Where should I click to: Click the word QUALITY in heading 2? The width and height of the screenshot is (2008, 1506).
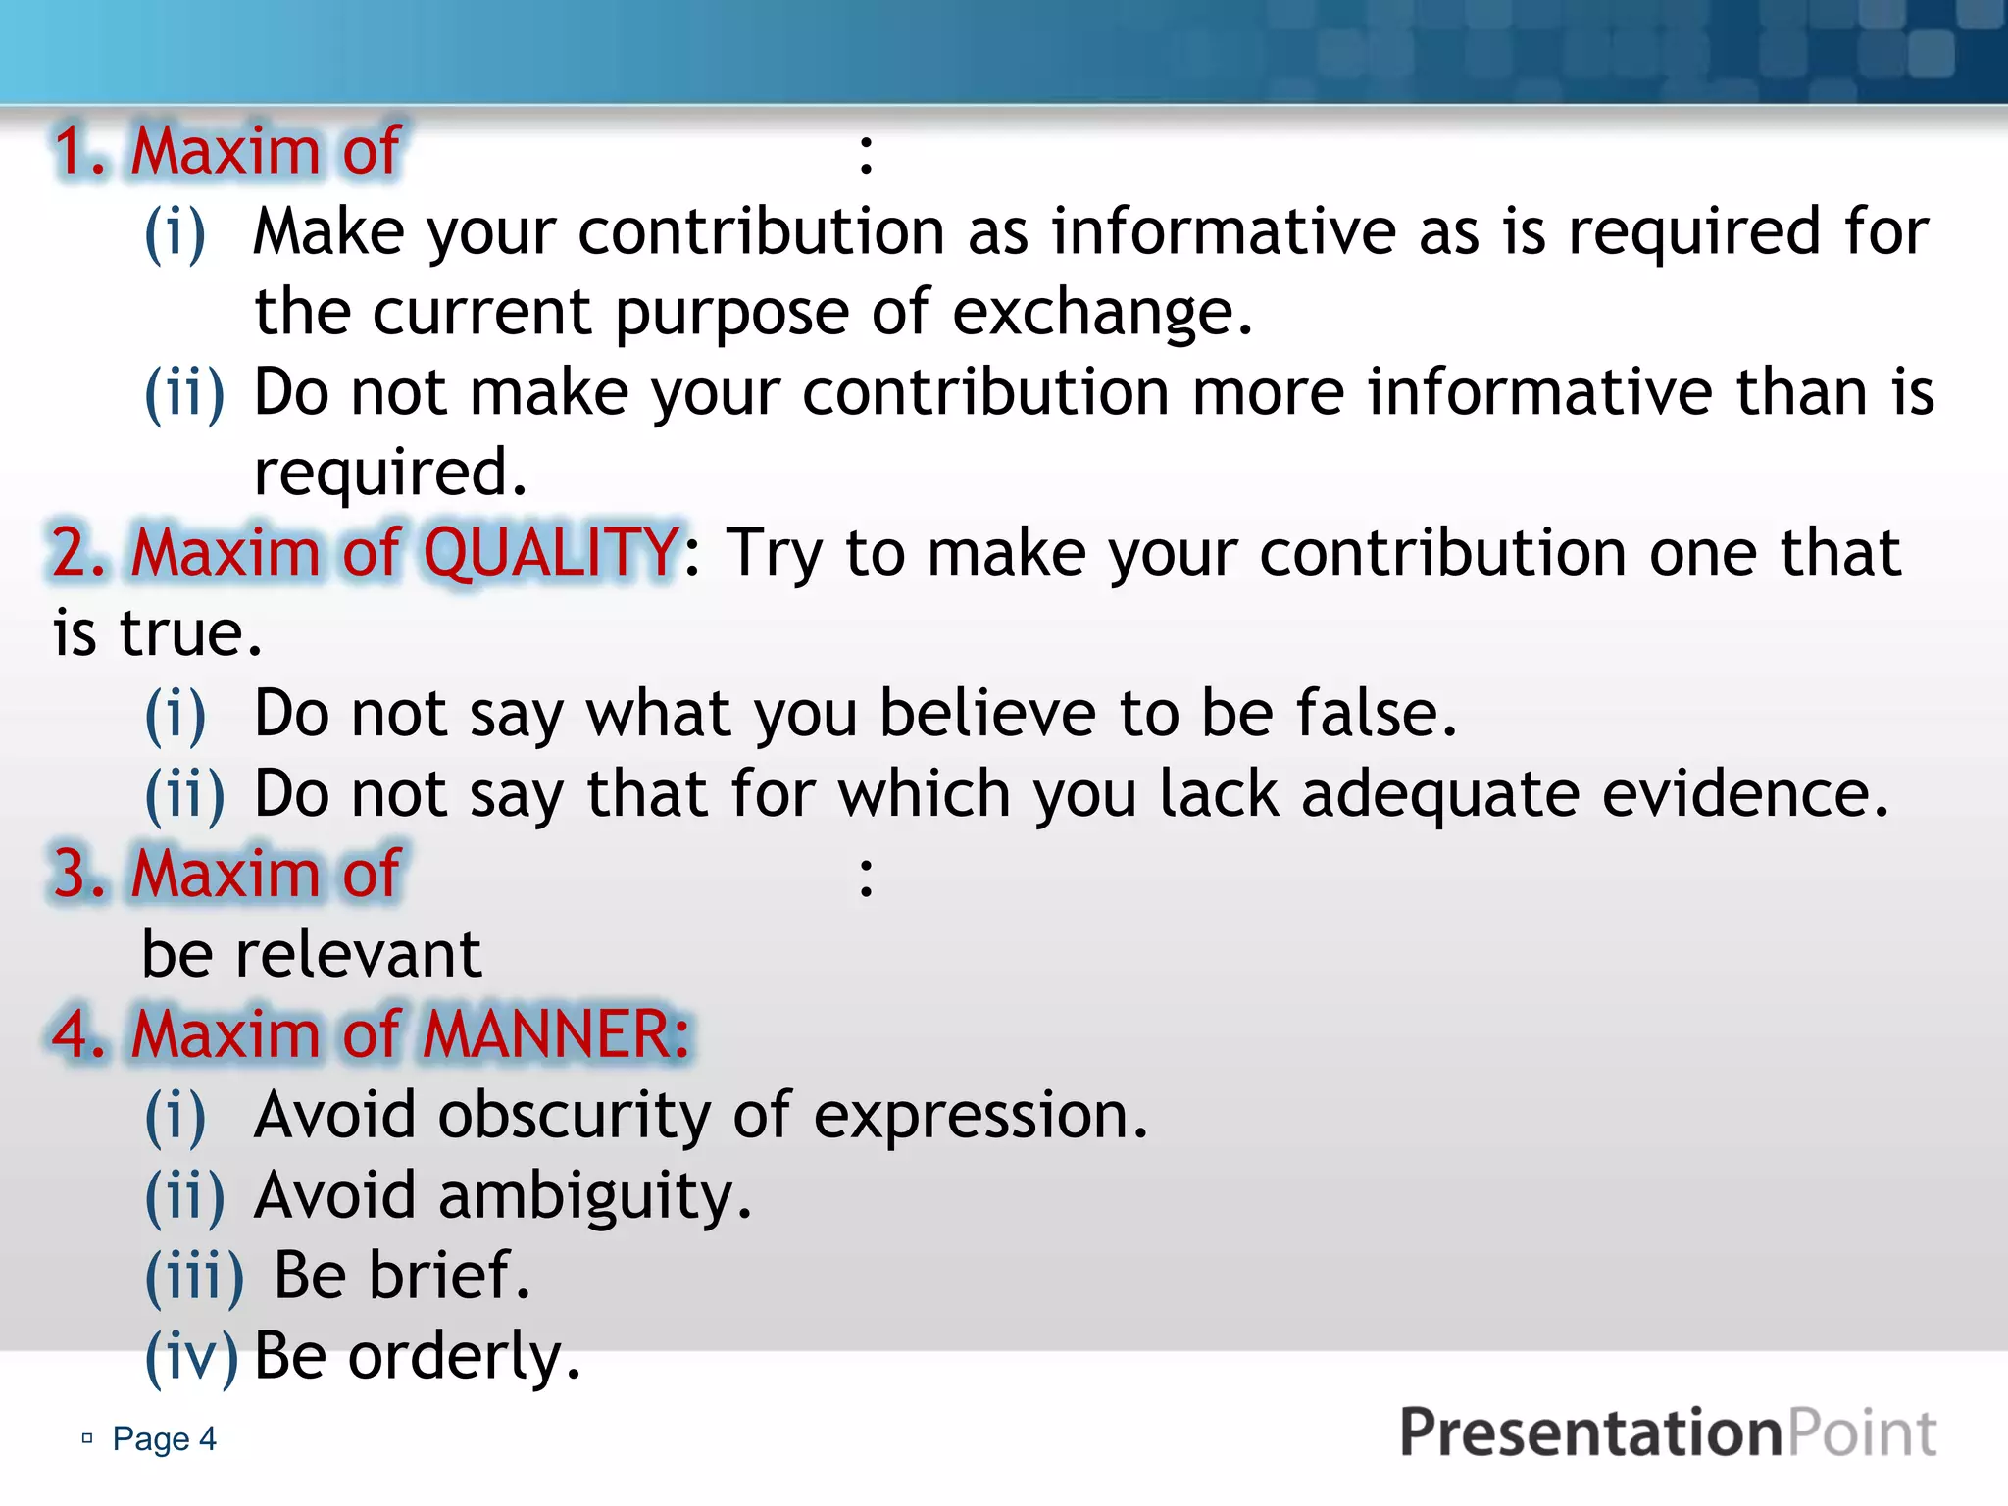551,552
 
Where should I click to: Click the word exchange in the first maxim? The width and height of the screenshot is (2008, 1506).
1101,314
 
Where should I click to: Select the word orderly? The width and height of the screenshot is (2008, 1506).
464,1356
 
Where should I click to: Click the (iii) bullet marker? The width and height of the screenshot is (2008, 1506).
194,1277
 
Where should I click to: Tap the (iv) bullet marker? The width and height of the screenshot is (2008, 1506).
191,1357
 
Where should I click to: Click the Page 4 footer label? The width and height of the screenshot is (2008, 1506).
163,1438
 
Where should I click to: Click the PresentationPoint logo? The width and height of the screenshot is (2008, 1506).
1667,1433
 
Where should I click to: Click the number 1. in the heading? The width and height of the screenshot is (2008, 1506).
80,152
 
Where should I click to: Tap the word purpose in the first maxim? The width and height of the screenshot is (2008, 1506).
731,314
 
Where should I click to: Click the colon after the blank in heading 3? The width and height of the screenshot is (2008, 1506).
865,876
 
